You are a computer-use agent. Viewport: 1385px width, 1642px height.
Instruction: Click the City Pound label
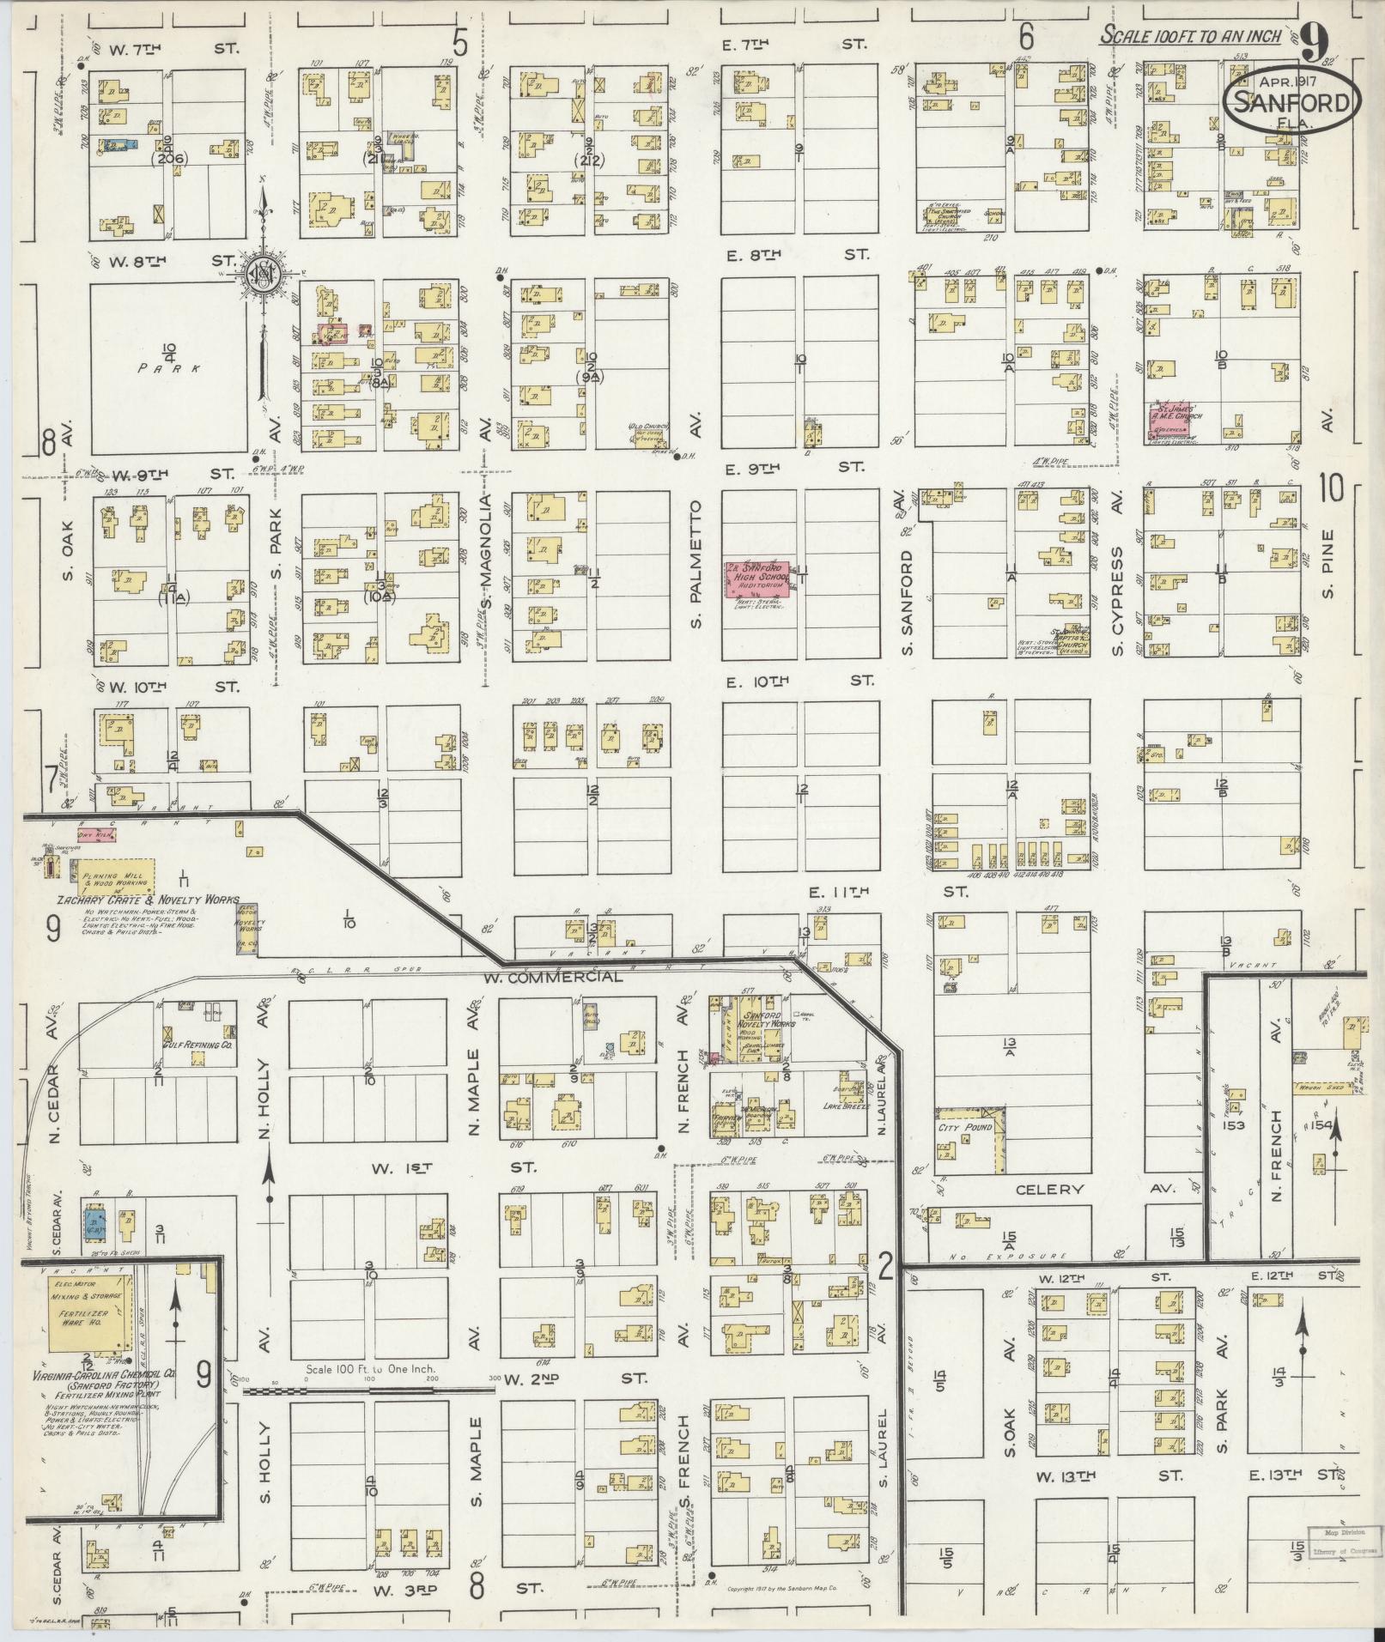964,1127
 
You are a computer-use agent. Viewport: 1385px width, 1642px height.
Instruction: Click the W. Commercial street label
566,978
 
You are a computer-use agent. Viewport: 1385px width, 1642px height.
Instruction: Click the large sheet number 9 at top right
1314,38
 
